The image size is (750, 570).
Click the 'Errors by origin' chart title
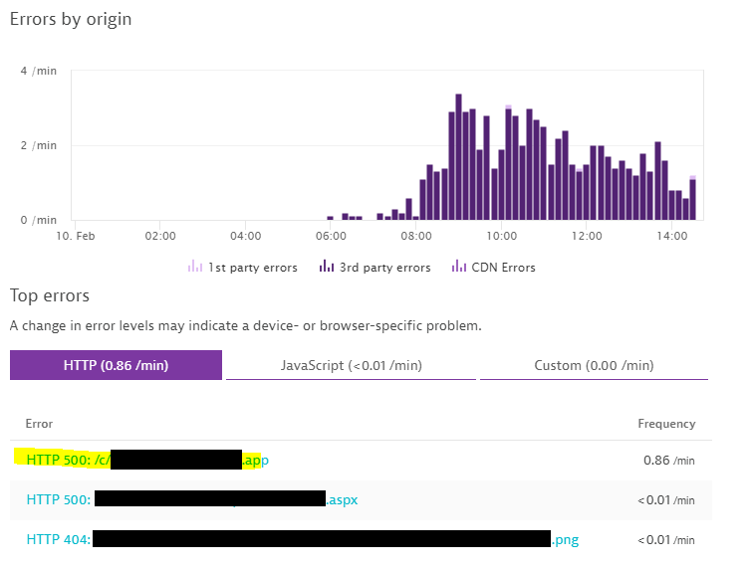pos(71,19)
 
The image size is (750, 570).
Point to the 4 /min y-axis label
pos(39,72)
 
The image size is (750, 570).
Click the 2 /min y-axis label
pos(39,145)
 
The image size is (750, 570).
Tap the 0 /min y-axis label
pos(39,220)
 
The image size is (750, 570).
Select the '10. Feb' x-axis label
pos(75,237)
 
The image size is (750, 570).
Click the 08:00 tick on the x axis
pos(416,237)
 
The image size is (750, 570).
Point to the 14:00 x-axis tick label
pos(672,237)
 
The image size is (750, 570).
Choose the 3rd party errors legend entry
pos(375,268)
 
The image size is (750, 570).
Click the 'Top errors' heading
pos(50,295)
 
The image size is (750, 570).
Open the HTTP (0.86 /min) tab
pos(116,365)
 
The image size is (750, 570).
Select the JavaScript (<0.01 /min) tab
pos(351,365)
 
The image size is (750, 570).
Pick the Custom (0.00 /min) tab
pos(594,365)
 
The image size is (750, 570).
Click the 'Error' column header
pos(39,424)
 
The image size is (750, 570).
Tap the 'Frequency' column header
pos(666,424)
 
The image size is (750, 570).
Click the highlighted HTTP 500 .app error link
pos(139,460)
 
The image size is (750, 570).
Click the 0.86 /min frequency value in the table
pos(669,461)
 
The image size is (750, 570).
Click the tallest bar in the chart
pos(458,157)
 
